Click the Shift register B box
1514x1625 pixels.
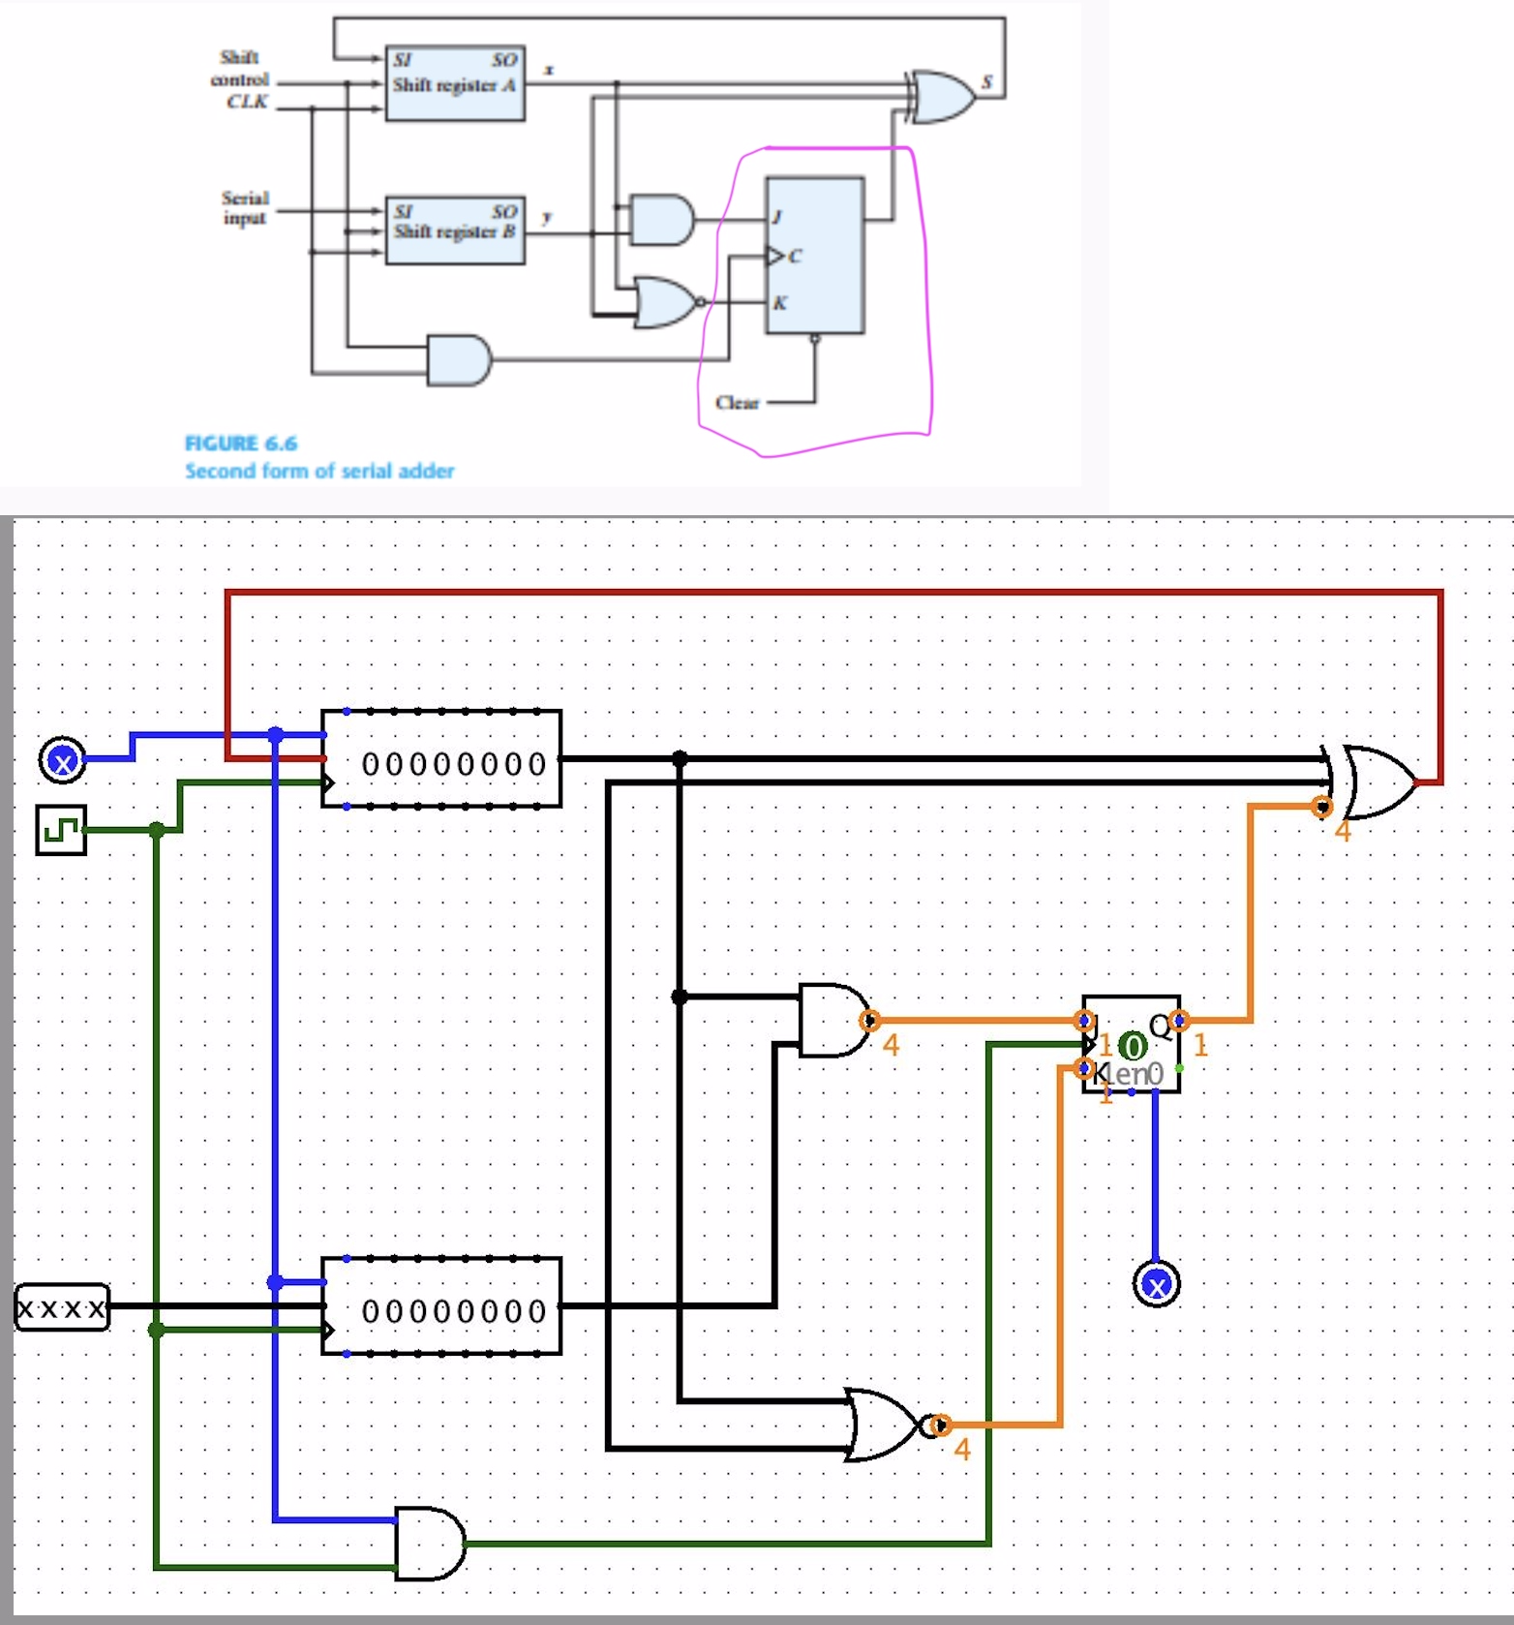click(x=455, y=230)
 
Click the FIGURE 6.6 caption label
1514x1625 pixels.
click(x=241, y=444)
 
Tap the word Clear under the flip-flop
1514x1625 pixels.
click(x=737, y=402)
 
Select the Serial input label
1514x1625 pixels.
click(x=245, y=207)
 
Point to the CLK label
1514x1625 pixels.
click(x=247, y=102)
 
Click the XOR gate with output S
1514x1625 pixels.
click(x=941, y=96)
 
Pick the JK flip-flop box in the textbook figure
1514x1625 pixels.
click(x=815, y=255)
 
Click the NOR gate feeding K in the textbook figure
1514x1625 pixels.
click(x=664, y=301)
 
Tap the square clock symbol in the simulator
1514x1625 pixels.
click(x=61, y=830)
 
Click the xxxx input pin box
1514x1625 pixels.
click(x=63, y=1308)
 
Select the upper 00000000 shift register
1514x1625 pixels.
click(x=441, y=759)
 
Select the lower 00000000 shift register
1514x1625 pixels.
click(x=441, y=1306)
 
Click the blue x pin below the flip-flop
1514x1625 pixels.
click(x=1156, y=1285)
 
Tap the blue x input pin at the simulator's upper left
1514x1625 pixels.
click(x=63, y=761)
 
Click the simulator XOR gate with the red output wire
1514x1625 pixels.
click(x=1376, y=782)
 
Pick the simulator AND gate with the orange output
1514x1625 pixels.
click(x=832, y=1021)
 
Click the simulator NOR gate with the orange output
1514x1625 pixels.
click(x=882, y=1425)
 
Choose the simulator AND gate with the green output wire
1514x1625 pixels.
click(x=429, y=1544)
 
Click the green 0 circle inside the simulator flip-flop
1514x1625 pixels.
click(x=1132, y=1046)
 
